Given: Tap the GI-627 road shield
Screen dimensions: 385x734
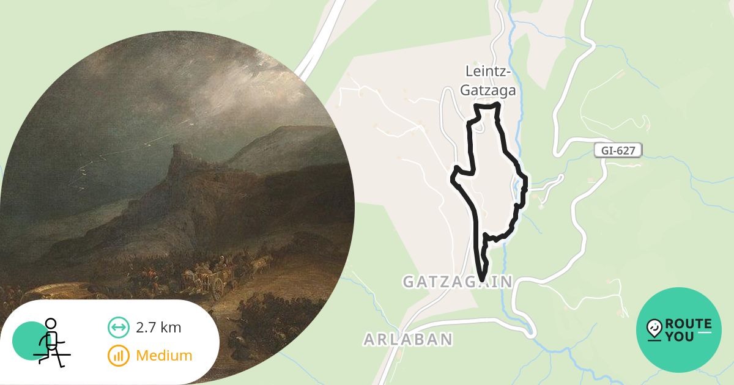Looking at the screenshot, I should point(618,150).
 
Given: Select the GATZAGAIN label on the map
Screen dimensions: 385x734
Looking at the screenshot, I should point(458,282).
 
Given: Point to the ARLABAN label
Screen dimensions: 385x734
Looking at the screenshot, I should point(408,339).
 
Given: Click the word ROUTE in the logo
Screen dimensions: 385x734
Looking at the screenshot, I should point(688,324).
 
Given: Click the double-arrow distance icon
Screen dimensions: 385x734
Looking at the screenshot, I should point(118,328).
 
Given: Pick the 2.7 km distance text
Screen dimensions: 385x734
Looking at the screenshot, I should point(159,328).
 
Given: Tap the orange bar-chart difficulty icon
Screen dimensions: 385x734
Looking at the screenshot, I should point(118,355).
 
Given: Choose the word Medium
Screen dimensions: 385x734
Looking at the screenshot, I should point(164,355).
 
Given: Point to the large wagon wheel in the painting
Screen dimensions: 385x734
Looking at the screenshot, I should point(217,289).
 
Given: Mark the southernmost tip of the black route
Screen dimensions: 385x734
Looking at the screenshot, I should point(483,280).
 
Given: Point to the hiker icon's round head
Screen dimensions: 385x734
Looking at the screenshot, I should point(51,324).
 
